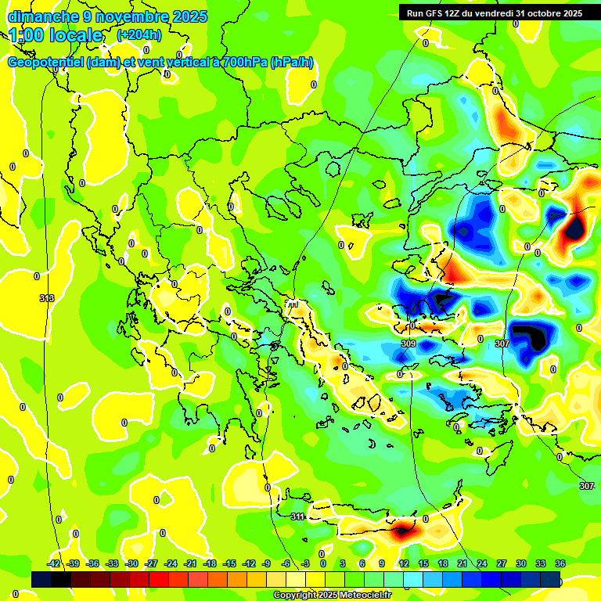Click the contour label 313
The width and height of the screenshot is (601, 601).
(47, 298)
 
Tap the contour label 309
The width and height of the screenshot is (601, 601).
(408, 344)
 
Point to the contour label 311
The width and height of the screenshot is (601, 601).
(297, 516)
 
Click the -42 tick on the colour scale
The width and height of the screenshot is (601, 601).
(54, 563)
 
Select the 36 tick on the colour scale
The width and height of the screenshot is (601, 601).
(560, 563)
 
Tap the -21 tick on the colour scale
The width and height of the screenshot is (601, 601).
(190, 563)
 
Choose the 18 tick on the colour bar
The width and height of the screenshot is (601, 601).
(443, 563)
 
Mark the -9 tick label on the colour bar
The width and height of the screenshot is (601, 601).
(266, 563)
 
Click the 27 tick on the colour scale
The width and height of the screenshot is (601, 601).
(502, 563)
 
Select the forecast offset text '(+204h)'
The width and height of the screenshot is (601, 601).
(139, 34)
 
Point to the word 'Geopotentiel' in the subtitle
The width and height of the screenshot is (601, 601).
(45, 63)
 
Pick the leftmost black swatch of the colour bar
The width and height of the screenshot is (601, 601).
(41, 579)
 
